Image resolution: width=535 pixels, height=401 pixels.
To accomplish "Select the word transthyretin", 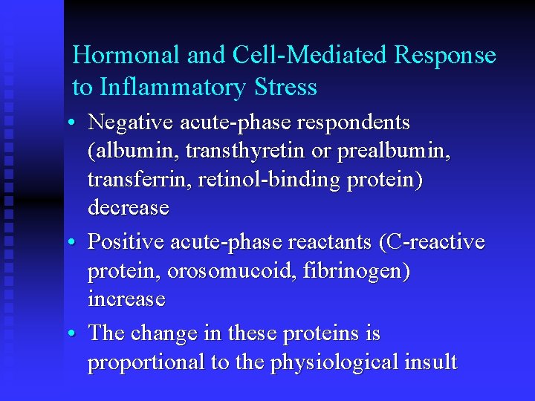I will pos(246,151).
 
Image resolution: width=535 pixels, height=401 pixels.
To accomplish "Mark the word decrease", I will pos(128,208).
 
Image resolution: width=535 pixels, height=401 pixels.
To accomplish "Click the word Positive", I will pos(126,242).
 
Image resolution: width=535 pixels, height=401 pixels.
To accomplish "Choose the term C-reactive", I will pos(432,242).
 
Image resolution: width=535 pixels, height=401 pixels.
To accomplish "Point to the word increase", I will pos(126,299).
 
